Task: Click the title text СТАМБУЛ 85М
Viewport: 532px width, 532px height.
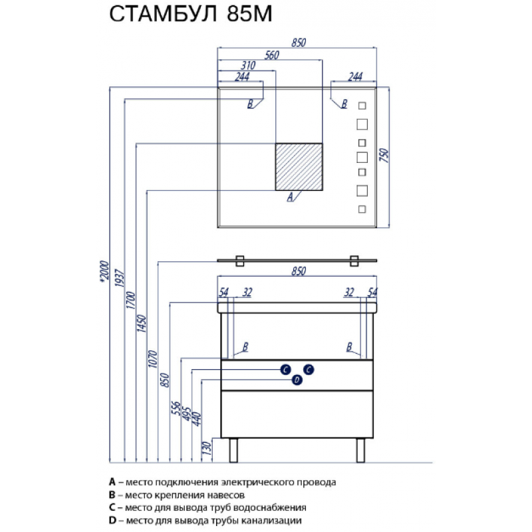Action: tap(191, 14)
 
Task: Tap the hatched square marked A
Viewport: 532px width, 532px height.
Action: tap(299, 167)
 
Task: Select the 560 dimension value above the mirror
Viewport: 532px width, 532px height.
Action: tap(272, 55)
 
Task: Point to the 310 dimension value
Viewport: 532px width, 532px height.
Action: tap(248, 65)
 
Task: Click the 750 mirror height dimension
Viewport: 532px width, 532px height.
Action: tap(384, 156)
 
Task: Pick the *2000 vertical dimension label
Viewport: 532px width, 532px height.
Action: tap(104, 271)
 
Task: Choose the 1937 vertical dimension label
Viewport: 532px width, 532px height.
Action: tap(120, 278)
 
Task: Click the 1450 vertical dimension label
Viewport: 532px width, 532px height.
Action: tap(141, 323)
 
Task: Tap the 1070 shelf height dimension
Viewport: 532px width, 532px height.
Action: tap(153, 359)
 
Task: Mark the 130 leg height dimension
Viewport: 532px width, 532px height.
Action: tap(207, 448)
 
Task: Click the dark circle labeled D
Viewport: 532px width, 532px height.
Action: tap(297, 380)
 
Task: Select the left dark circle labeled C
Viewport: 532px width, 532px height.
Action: tap(286, 370)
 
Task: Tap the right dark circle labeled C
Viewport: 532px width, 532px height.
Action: tap(309, 370)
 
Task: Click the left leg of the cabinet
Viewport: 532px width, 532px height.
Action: tap(233, 450)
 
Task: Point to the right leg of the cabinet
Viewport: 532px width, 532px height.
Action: tap(360, 450)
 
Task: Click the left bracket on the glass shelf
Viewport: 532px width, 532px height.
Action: tap(240, 261)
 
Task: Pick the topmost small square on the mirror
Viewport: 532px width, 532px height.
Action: tap(362, 106)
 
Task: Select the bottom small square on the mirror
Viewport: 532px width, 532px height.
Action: tap(362, 209)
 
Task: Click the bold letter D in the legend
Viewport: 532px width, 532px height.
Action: tap(112, 520)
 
